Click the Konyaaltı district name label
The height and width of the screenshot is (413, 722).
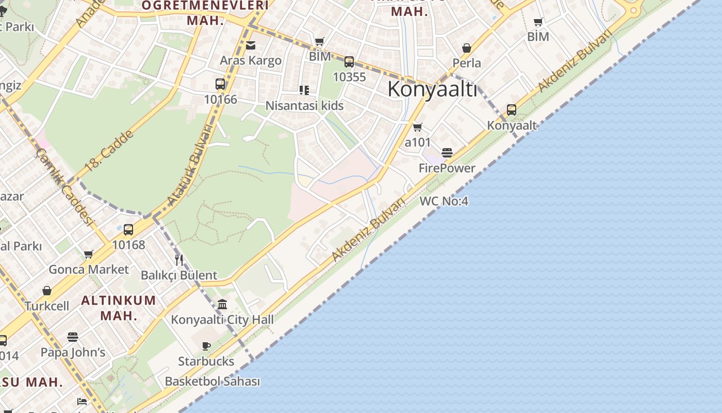coord(432,89)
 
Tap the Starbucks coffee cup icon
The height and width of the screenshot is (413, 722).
coord(206,346)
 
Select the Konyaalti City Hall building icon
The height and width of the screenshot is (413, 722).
coord(222,304)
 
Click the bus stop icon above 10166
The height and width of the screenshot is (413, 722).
coord(220,84)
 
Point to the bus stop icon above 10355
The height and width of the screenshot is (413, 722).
coord(349,62)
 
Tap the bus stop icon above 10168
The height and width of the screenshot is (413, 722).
coord(128,229)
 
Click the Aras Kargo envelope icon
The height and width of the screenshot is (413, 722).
coord(251,45)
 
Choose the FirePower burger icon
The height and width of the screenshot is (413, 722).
coord(447,153)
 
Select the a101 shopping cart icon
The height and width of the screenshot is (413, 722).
coord(418,127)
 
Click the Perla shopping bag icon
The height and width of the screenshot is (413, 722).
coord(467,48)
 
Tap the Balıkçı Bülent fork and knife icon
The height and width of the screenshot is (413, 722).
coord(179,260)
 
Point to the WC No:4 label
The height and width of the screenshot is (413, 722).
coord(444,201)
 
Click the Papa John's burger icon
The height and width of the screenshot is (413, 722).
coord(73,337)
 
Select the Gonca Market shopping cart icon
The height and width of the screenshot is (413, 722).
coord(89,254)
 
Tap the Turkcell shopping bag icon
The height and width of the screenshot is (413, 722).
coord(47,291)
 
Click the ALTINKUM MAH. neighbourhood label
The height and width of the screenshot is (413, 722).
coord(119,308)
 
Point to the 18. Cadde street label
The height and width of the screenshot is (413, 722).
coord(109,150)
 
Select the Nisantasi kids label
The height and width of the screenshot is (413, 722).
coord(304,106)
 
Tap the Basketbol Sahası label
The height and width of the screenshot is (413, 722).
coord(212,382)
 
